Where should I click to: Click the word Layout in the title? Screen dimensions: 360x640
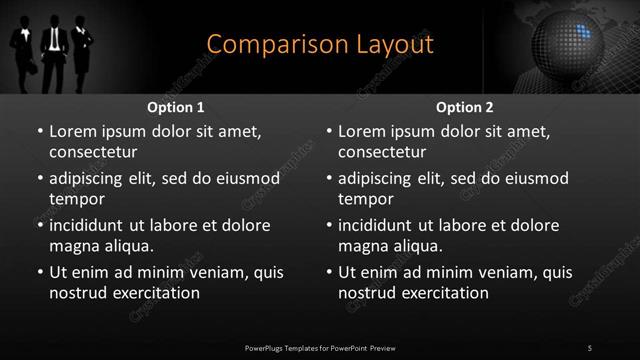[398, 44]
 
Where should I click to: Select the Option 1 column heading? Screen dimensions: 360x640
[176, 107]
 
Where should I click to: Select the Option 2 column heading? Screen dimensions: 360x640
[465, 107]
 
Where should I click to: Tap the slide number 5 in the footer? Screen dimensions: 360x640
[590, 347]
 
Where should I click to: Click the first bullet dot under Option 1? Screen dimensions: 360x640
[39, 131]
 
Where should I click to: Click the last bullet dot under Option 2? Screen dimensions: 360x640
[329, 272]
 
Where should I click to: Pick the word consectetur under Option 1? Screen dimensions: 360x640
[93, 152]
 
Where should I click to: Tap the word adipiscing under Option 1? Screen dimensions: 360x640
[90, 178]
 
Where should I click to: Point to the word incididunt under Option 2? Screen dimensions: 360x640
[381, 225]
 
